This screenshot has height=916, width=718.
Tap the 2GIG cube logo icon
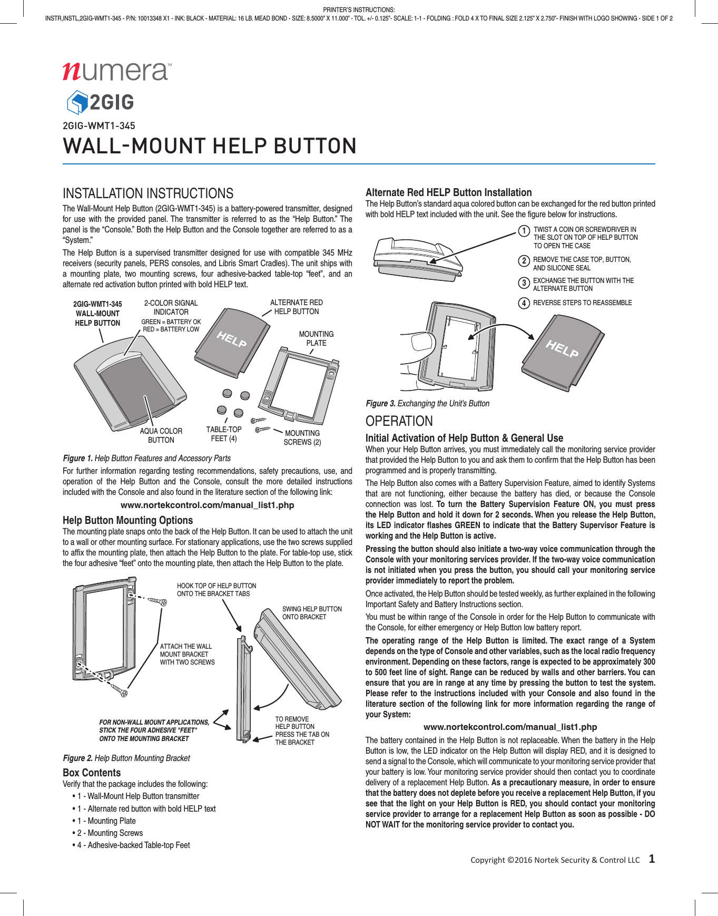coord(77,102)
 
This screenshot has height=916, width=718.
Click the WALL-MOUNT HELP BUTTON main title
coord(210,146)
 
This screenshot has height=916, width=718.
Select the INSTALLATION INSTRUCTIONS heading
coord(148,193)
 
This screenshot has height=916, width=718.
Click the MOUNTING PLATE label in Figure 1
coord(316,338)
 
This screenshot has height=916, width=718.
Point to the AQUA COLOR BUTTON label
coord(161,435)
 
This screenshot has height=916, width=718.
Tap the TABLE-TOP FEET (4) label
coord(224,434)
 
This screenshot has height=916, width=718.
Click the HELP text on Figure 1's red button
coord(232,339)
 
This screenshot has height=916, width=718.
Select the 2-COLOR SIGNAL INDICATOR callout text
coord(171,307)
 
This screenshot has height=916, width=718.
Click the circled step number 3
coord(524,284)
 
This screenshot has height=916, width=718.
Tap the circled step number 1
coord(524,231)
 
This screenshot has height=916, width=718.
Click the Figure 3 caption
coord(427,403)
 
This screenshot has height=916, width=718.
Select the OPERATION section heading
coord(399,421)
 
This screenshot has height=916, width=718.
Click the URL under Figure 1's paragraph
coord(207,505)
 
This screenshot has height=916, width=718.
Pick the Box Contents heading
coord(92,773)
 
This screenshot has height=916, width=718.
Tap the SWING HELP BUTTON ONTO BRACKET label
coord(312,612)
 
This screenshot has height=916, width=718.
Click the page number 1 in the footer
coord(652,859)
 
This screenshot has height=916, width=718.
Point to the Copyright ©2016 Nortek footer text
coord(555,860)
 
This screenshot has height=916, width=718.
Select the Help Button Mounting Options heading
coord(128,520)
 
